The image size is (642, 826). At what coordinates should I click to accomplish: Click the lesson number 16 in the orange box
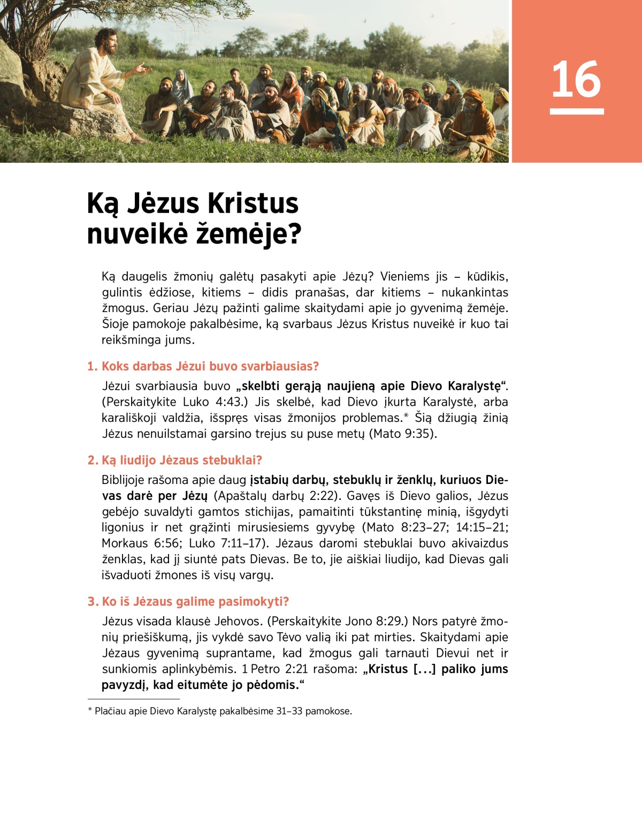pos(576,79)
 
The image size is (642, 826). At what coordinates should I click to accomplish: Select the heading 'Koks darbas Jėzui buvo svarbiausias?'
pos(203,366)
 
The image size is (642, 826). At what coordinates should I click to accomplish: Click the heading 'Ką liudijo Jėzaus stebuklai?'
pos(175,460)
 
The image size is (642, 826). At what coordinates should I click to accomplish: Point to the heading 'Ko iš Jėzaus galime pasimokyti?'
pos(188,602)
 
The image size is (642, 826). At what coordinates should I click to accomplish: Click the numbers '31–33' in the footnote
pos(289,711)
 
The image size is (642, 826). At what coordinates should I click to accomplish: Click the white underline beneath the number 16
pos(576,111)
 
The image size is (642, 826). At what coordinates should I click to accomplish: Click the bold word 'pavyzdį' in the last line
pos(124,685)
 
